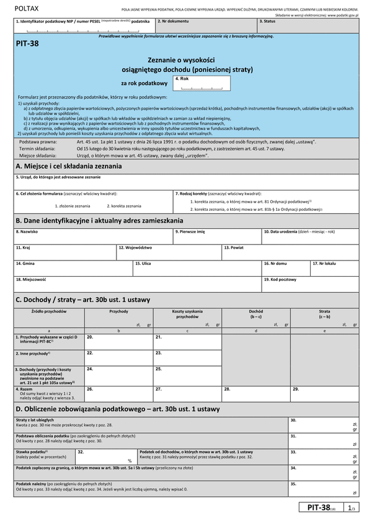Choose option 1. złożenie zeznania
coord(73,205)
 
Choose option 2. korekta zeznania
coord(123,205)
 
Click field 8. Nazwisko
coord(93,236)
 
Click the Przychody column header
coord(118,311)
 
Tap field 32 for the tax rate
coord(105,457)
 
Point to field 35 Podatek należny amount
coord(323,489)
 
